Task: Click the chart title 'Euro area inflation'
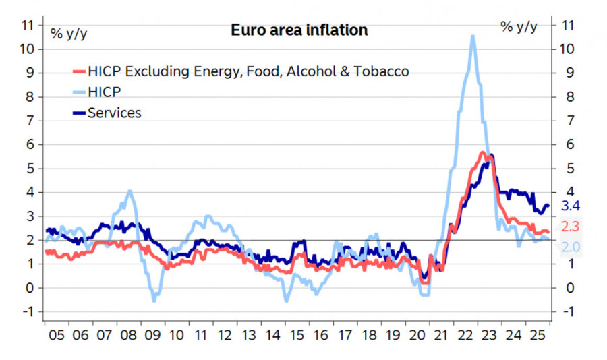(x=299, y=30)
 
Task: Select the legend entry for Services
(x=114, y=113)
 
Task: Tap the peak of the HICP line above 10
(x=473, y=37)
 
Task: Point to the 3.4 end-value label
(x=571, y=206)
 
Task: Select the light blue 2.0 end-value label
(x=571, y=247)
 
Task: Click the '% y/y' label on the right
(x=519, y=26)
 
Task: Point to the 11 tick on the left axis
(x=28, y=25)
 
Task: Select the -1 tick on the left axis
(x=28, y=311)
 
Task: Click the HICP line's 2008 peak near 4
(x=129, y=191)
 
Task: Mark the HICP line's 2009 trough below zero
(x=154, y=299)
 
